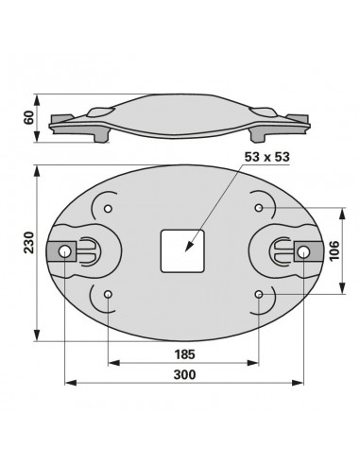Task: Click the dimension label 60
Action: coord(29,117)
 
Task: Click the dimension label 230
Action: coord(29,242)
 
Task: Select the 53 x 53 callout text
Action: coord(266,157)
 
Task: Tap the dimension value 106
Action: coord(334,250)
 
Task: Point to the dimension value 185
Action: coord(185,354)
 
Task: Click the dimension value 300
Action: coord(184,375)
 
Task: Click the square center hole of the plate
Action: coord(182,251)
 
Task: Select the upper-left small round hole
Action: coord(108,209)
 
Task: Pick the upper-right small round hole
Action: coord(259,208)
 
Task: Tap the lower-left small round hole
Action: coord(108,295)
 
